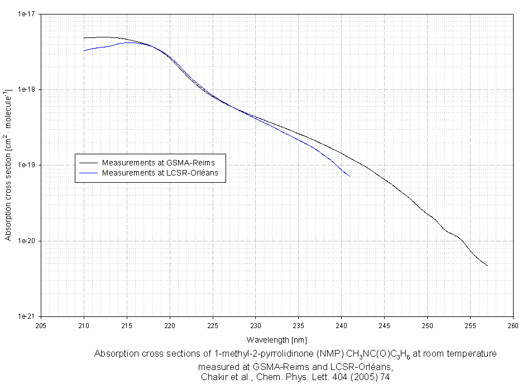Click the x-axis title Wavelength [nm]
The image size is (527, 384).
point(277,339)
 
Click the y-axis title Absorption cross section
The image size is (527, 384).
point(8,165)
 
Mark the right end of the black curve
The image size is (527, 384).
point(487,266)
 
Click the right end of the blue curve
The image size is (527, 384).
point(349,176)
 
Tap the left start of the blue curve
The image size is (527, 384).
point(84,51)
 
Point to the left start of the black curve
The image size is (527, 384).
point(84,38)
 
